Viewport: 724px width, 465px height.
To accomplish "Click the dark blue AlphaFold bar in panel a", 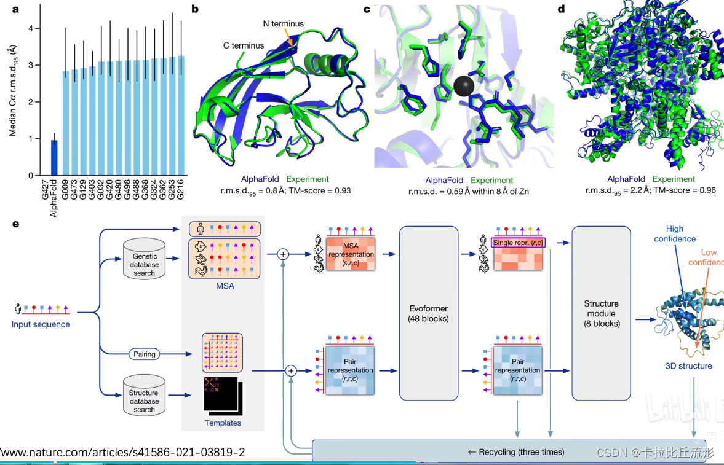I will (x=54, y=158).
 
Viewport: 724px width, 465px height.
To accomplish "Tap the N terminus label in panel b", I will (x=283, y=24).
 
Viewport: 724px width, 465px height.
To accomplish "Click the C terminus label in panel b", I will (x=244, y=45).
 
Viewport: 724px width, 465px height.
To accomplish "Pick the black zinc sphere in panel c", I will (x=463, y=85).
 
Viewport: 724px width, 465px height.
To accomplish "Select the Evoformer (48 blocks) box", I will (x=429, y=313).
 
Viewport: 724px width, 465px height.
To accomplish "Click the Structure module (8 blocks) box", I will (x=601, y=313).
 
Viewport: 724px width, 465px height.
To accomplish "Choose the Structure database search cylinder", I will (x=144, y=396).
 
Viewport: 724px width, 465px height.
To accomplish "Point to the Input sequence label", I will (x=41, y=324).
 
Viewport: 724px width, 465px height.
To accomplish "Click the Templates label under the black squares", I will (x=223, y=423).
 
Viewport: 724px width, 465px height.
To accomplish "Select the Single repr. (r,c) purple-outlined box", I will (x=519, y=243).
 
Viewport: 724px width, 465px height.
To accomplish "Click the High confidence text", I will (x=675, y=234).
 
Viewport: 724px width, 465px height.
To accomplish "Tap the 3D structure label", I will (x=688, y=366).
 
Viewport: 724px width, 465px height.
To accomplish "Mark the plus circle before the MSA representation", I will (x=283, y=253).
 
